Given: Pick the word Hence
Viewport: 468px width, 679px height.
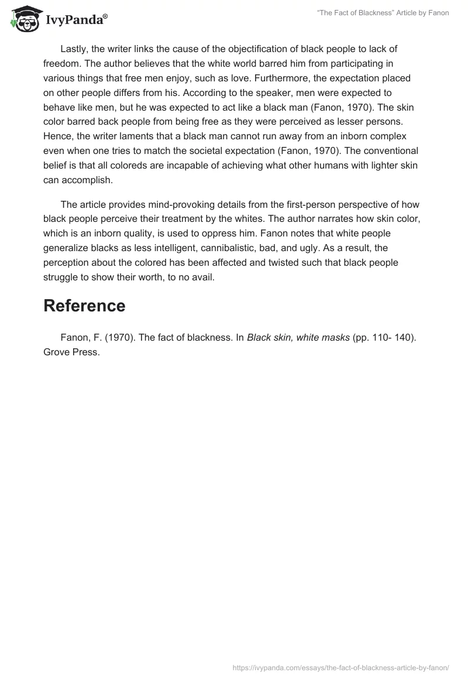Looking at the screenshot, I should [x=57, y=136].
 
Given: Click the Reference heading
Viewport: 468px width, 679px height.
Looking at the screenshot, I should [x=84, y=306].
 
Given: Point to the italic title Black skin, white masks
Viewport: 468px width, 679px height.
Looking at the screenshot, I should [x=298, y=338].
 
